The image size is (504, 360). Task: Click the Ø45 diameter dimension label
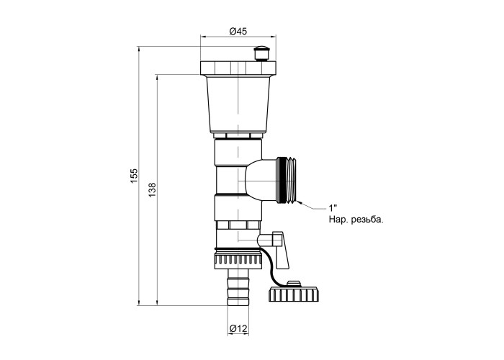pyautogui.click(x=238, y=31)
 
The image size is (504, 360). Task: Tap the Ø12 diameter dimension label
pyautogui.click(x=238, y=329)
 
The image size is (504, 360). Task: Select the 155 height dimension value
pyautogui.click(x=134, y=176)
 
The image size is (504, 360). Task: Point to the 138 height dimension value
pyautogui.click(x=152, y=190)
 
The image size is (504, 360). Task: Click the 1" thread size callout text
pyautogui.click(x=333, y=207)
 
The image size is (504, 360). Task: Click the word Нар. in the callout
pyautogui.click(x=338, y=220)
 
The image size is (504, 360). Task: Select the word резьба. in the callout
pyautogui.click(x=368, y=220)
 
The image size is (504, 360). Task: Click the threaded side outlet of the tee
pyautogui.click(x=286, y=180)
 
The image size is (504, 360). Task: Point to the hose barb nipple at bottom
pyautogui.click(x=238, y=288)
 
